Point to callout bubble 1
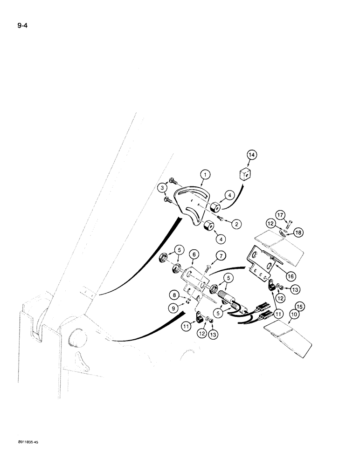(x=204, y=176)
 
